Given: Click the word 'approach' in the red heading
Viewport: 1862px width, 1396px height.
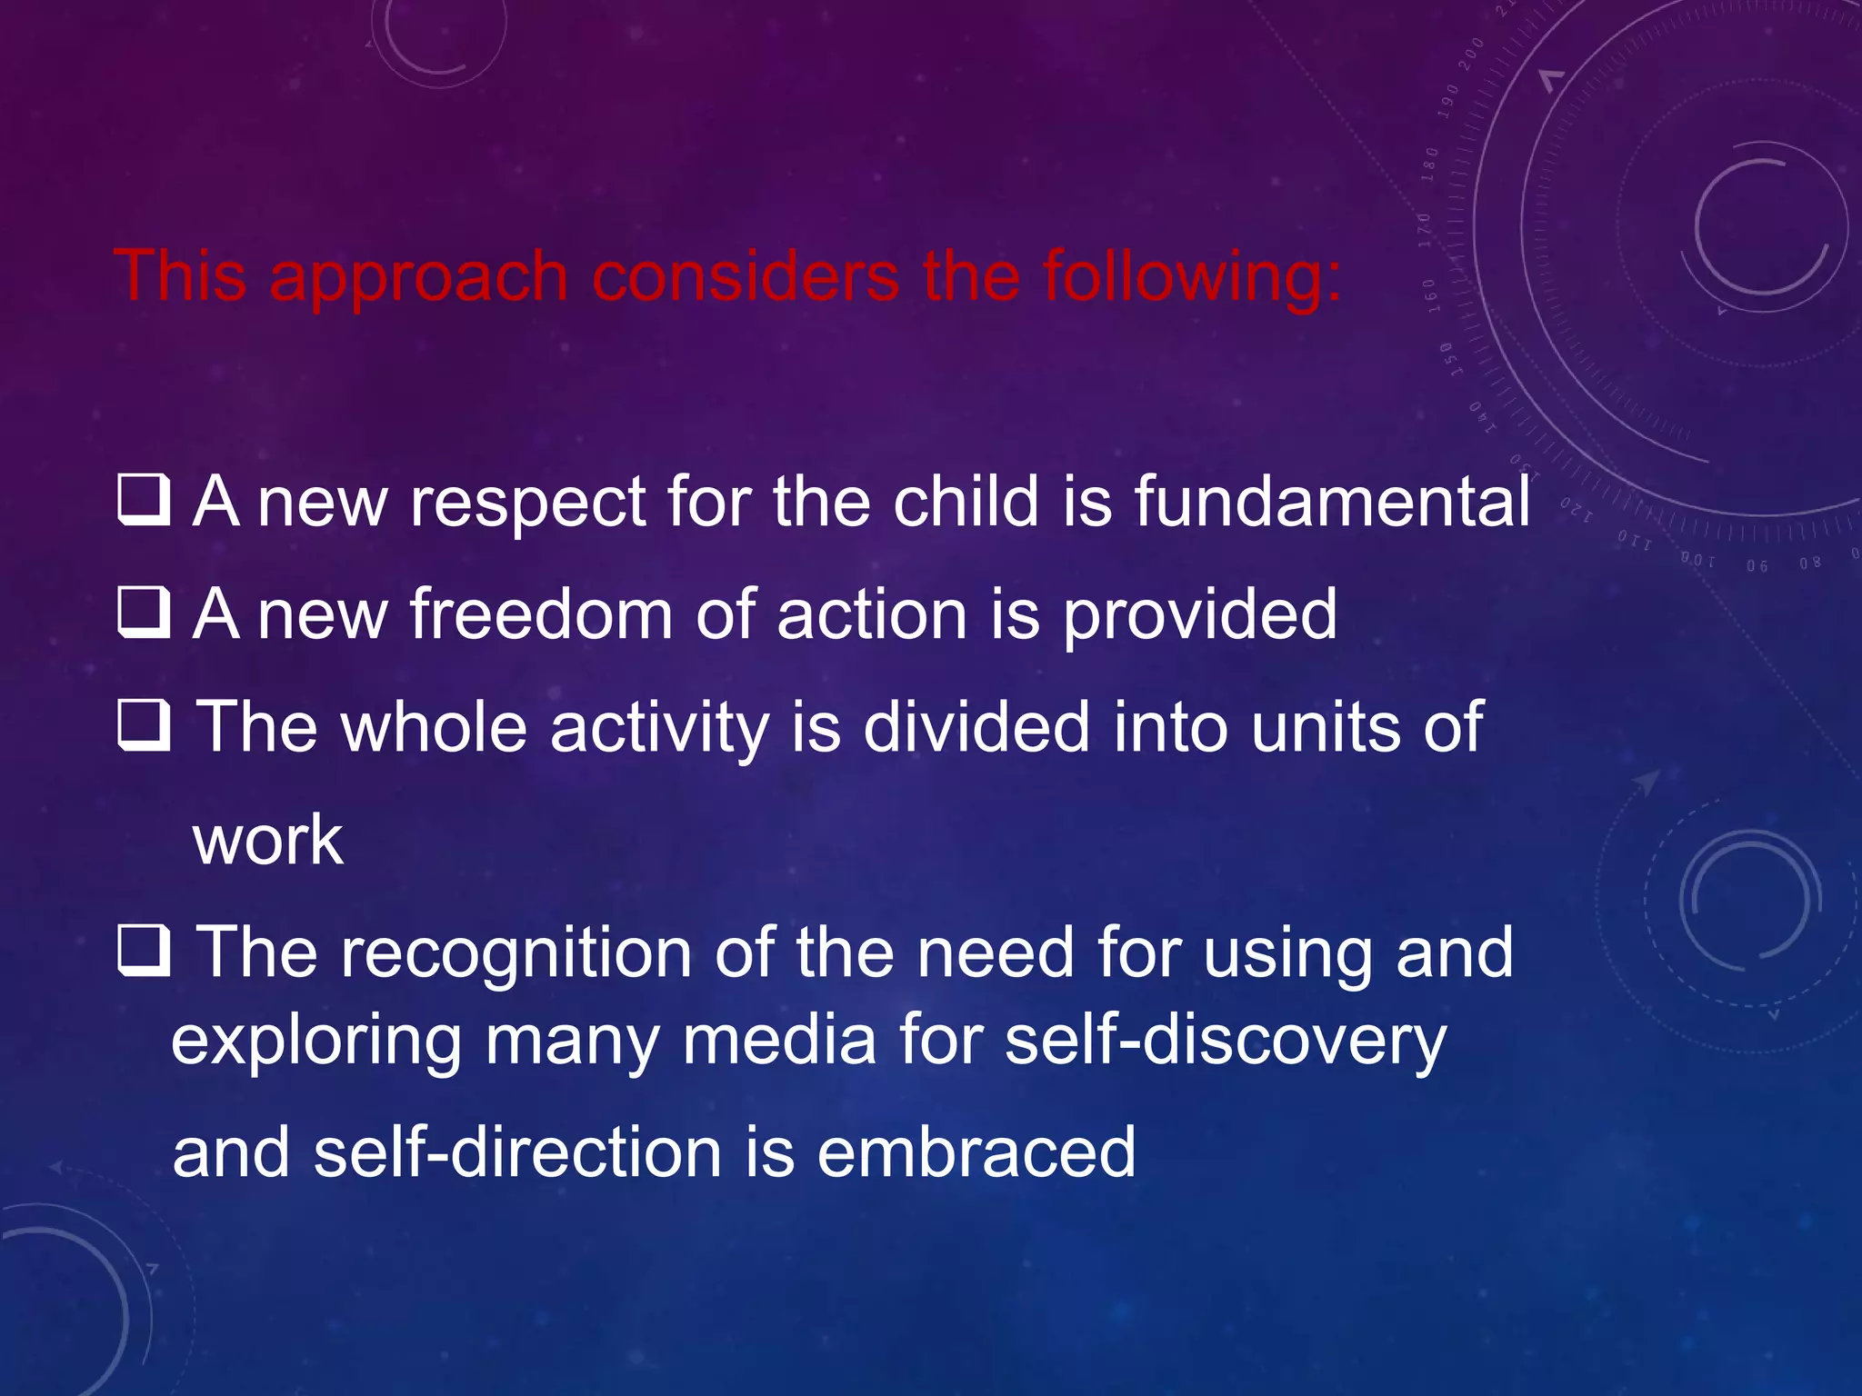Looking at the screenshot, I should point(418,278).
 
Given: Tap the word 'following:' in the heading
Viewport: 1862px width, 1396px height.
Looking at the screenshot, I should point(1191,278).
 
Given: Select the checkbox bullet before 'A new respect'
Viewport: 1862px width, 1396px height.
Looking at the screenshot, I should point(144,501).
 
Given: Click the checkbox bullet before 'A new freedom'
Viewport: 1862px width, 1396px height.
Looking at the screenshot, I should point(144,613).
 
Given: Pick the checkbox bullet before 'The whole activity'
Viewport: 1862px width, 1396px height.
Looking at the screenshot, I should point(144,726).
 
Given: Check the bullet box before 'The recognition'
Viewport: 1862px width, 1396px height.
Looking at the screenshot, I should point(144,952).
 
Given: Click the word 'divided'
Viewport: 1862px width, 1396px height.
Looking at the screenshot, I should point(976,727).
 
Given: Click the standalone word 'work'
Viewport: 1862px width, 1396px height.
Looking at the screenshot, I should point(268,840).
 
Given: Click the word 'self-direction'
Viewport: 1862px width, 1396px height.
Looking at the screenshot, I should point(517,1152).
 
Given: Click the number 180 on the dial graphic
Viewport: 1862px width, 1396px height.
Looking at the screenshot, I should point(1431,165).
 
